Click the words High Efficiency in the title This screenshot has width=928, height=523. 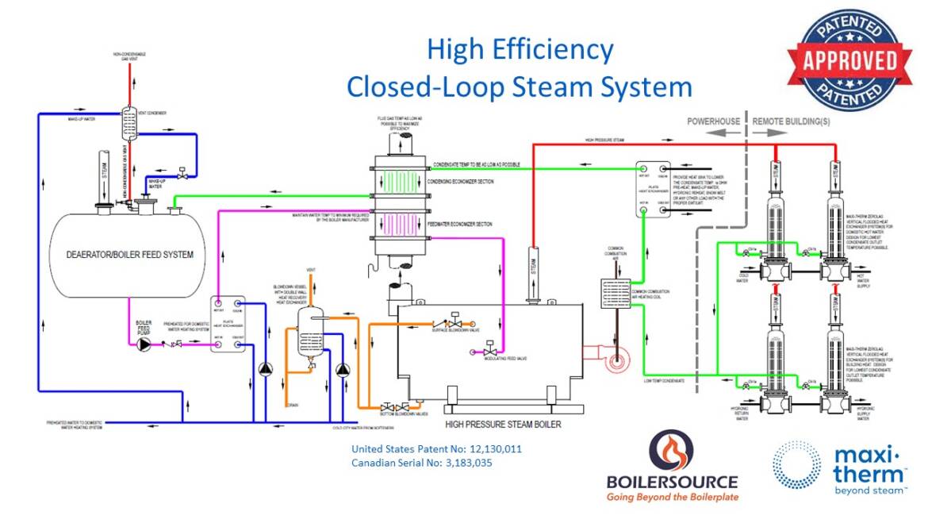pos(520,49)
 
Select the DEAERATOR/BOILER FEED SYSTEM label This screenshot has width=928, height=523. pos(130,255)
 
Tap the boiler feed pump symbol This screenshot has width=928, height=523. pos(144,344)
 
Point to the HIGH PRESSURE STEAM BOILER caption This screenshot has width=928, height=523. pos(503,425)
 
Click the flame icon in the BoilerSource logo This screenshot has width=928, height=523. pos(671,450)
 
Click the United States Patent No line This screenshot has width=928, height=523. pos(436,449)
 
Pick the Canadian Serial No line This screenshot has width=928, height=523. pos(421,463)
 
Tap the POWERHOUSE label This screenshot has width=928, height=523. pos(713,121)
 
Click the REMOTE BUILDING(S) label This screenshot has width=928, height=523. pos(793,121)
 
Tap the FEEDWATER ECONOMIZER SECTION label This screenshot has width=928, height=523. pos(468,225)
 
